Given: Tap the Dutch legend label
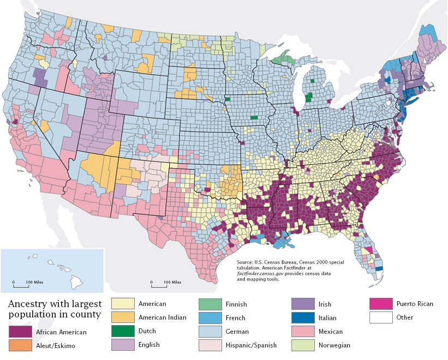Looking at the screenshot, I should pyautogui.click(x=147, y=331).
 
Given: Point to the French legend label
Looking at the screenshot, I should pyautogui.click(x=235, y=318).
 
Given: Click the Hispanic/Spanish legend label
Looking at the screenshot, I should pyautogui.click(x=251, y=345).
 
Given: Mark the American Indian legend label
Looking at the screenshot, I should pyautogui.click(x=162, y=317).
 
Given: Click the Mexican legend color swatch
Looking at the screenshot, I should pyautogui.click(x=295, y=332).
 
